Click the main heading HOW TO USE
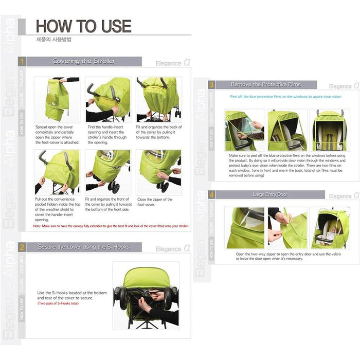pyautogui.click(x=83, y=26)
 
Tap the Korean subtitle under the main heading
pyautogui.click(x=53, y=40)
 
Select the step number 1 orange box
pyautogui.click(x=22, y=61)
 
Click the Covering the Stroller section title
pyautogui.click(x=84, y=61)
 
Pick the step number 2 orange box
pyautogui.click(x=22, y=247)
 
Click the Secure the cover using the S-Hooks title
pyautogui.click(x=84, y=247)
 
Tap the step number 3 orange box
pyautogui.click(x=211, y=84)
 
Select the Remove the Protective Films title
pyautogui.click(x=266, y=84)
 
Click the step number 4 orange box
pyautogui.click(x=211, y=195)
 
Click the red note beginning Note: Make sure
pyautogui.click(x=111, y=226)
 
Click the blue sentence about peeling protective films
pyautogui.click(x=286, y=96)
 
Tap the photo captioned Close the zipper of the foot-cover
pyautogui.click(x=159, y=171)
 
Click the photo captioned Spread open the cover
pyautogui.click(x=57, y=100)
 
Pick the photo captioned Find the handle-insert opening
pyautogui.click(x=107, y=100)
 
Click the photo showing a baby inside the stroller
pyautogui.click(x=330, y=227)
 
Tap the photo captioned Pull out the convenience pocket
pyautogui.click(x=57, y=171)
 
